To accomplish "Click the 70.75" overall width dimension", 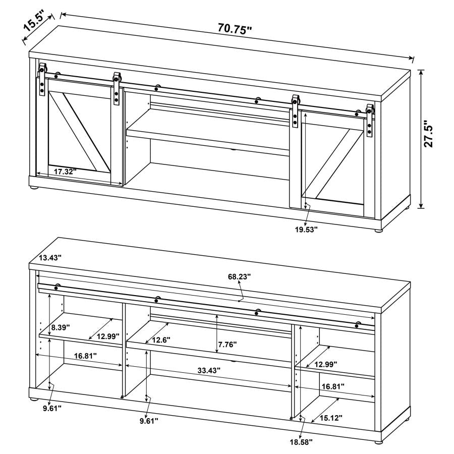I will (235, 29).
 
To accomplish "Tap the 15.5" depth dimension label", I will (36, 24).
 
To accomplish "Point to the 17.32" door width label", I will (65, 172).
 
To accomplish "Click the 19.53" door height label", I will (305, 229).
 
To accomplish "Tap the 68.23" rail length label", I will (239, 276).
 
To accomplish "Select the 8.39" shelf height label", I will (61, 329).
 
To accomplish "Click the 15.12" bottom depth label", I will (330, 418).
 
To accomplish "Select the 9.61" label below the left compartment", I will (52, 408).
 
